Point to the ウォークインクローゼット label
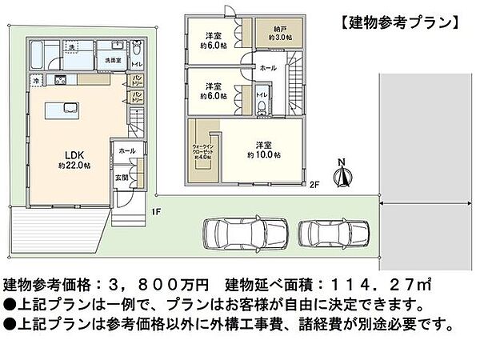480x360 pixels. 202,150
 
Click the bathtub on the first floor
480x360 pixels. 39,55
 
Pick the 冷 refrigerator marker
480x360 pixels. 37,81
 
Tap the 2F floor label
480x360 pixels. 316,186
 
